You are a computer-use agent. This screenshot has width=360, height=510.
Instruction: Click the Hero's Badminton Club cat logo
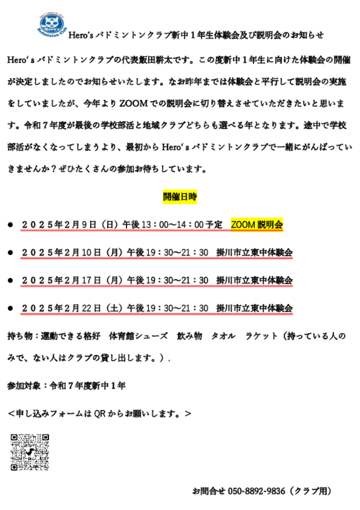(52, 25)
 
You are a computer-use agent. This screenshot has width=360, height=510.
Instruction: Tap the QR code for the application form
(30, 452)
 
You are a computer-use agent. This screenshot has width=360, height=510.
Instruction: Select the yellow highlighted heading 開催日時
(180, 197)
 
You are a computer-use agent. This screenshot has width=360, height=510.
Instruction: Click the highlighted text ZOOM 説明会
(257, 225)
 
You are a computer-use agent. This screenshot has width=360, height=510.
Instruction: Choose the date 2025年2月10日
(62, 252)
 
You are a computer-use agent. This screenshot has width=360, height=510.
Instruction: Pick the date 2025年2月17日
(62, 280)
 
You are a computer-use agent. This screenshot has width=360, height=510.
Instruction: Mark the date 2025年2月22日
(62, 308)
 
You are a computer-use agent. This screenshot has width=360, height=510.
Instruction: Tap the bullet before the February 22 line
(11, 309)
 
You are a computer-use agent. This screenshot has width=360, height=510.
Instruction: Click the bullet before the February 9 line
(11, 225)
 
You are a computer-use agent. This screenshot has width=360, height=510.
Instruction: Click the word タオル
(223, 336)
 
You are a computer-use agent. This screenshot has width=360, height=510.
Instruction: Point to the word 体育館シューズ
(138, 336)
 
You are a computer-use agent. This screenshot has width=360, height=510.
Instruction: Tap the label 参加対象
(24, 385)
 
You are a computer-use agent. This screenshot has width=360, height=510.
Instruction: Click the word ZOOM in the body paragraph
(134, 103)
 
